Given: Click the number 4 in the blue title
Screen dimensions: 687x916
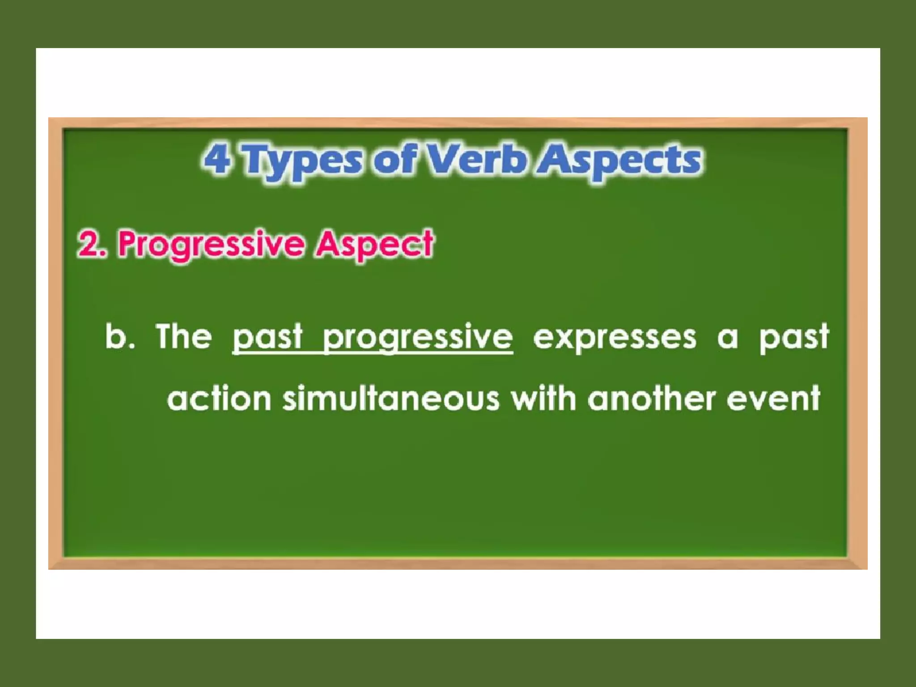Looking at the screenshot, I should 217,160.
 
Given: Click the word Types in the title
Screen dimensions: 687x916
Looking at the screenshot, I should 302,161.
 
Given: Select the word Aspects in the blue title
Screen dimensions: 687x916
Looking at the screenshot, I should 619,161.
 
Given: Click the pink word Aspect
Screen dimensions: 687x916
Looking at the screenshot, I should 374,245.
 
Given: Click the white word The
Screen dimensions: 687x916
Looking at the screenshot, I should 183,336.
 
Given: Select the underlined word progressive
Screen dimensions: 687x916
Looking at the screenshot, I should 418,338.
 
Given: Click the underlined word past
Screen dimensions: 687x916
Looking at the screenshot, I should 267,337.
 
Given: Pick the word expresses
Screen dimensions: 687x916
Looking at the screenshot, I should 615,338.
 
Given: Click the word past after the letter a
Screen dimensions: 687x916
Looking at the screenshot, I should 794,337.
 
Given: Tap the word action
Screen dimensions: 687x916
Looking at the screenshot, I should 219,399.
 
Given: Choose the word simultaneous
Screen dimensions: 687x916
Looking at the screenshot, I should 391,399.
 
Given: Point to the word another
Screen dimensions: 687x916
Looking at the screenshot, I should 651,399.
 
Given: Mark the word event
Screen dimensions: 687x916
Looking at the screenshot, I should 773,399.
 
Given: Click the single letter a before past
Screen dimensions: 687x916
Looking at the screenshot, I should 727,339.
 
